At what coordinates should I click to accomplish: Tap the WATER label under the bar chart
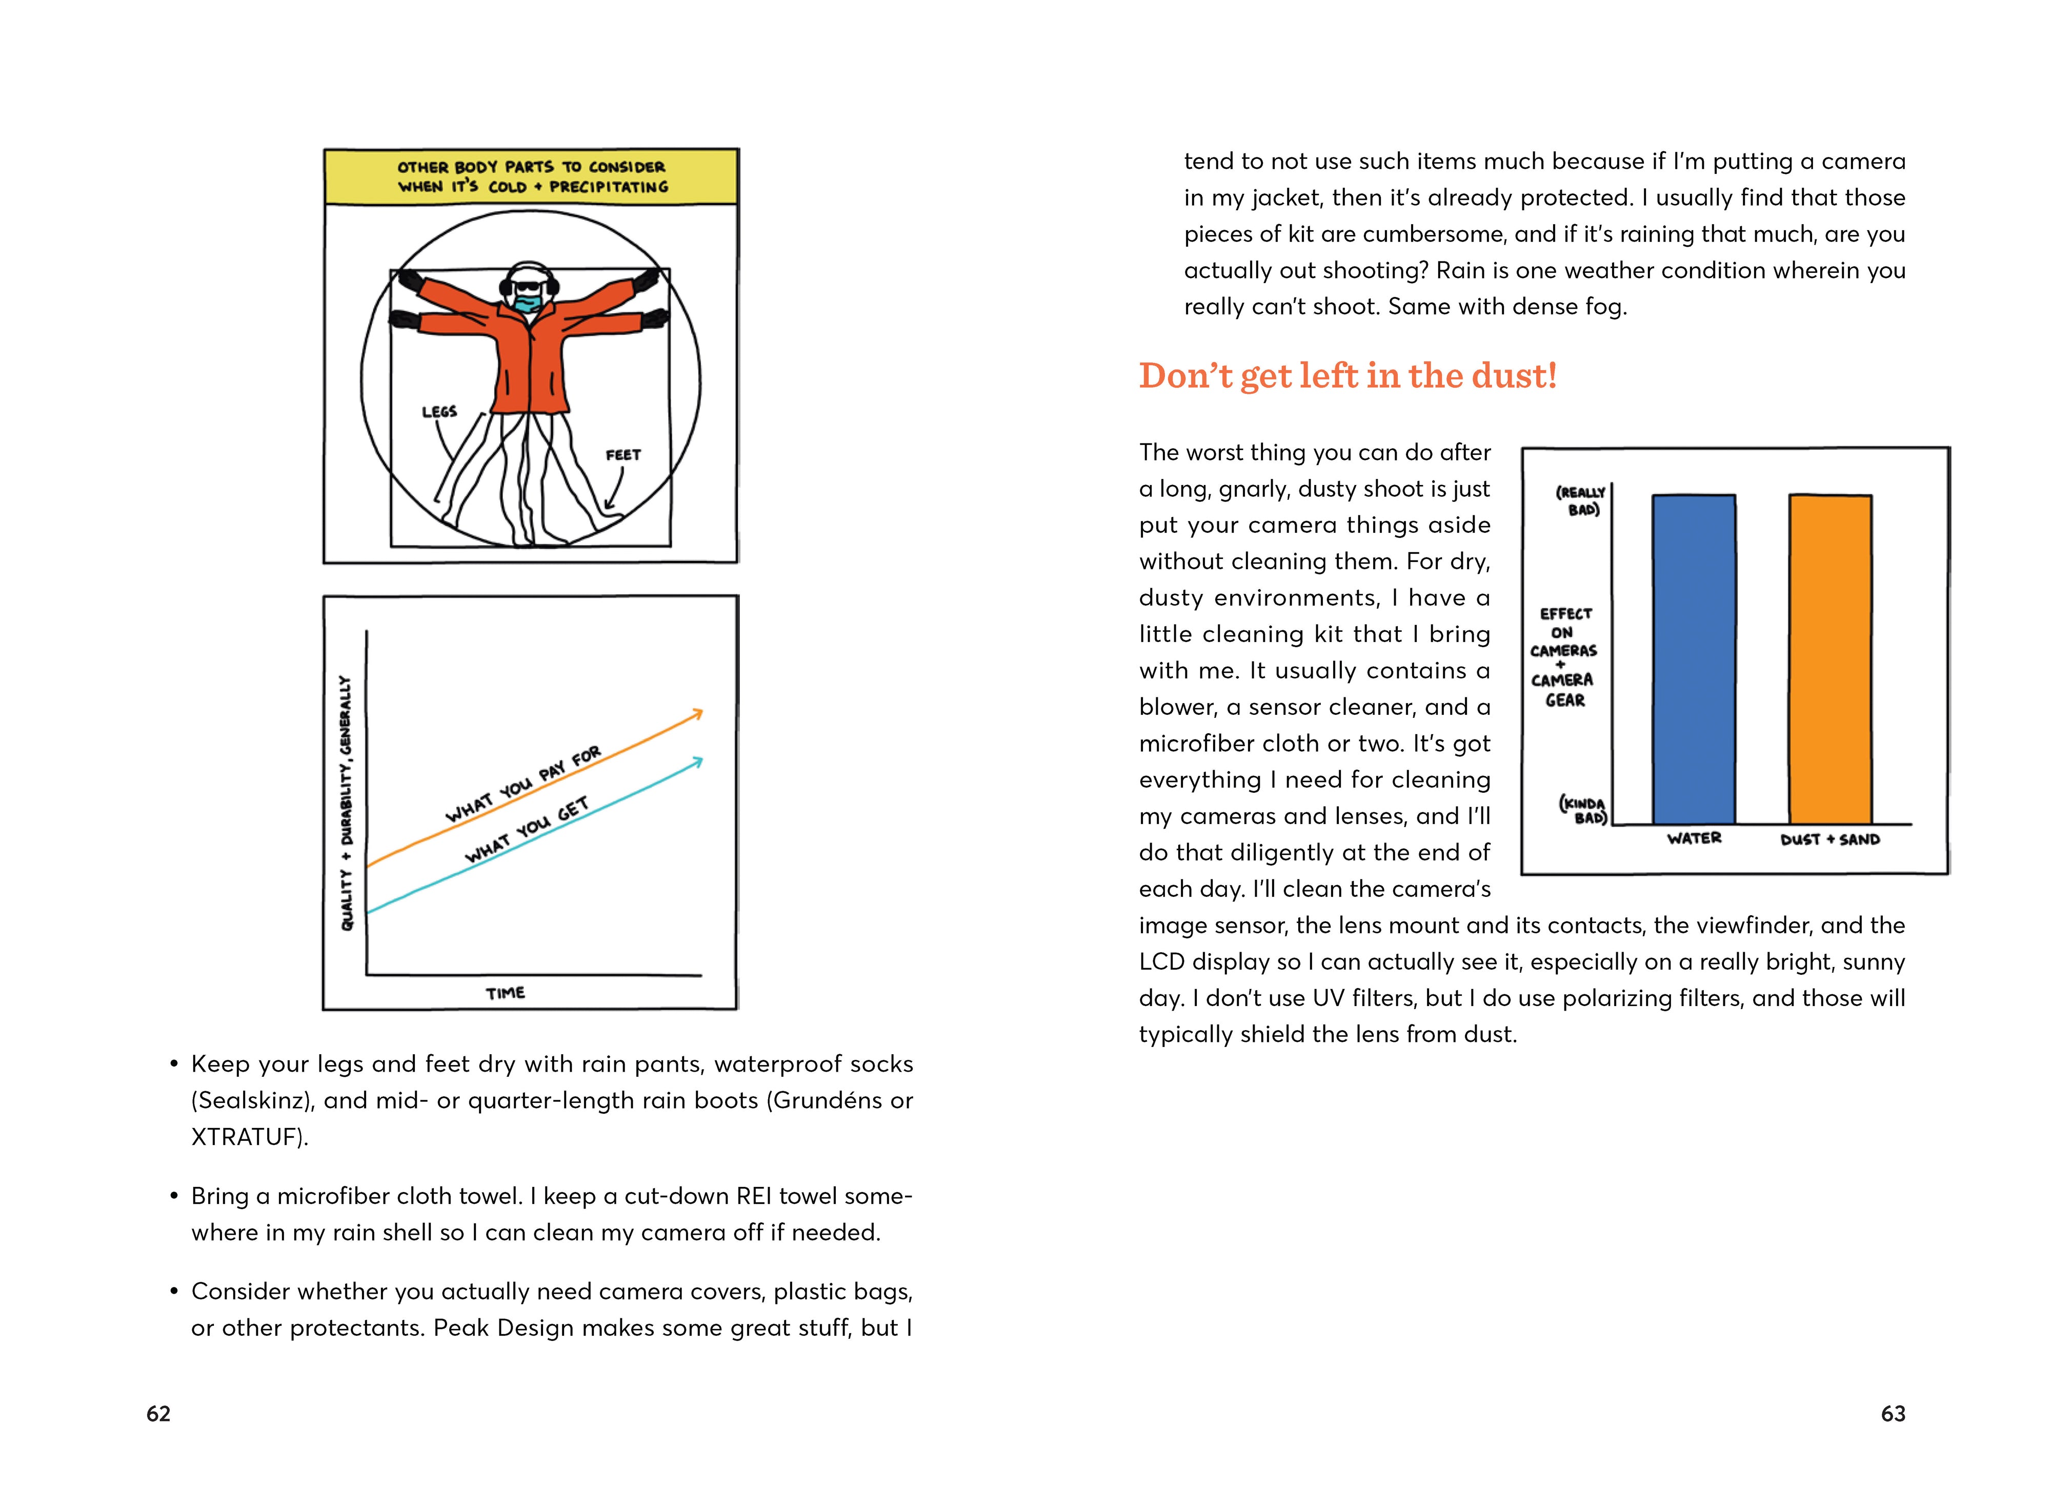1694,838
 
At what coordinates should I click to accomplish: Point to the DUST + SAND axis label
1830,839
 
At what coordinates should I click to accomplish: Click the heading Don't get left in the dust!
1347,376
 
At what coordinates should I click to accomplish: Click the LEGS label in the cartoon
439,412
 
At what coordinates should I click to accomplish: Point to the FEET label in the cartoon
624,455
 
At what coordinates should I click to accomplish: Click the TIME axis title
506,993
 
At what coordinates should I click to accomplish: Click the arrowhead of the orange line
698,713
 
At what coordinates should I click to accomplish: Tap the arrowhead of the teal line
698,760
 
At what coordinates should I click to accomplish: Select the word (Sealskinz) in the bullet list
252,1100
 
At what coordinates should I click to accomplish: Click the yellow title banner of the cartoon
531,176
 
